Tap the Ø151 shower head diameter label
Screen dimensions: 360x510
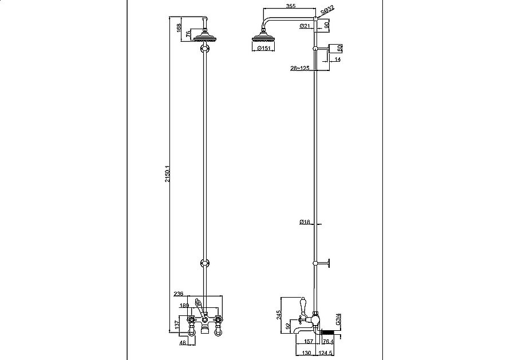coord(264,49)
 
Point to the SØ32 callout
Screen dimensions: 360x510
coord(327,10)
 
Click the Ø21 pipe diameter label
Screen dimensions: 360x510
coord(305,26)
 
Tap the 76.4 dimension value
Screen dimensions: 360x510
coord(329,342)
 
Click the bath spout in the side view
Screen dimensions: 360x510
coord(303,331)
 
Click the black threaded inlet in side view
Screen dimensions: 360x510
coord(329,332)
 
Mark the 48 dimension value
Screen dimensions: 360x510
coord(183,343)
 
